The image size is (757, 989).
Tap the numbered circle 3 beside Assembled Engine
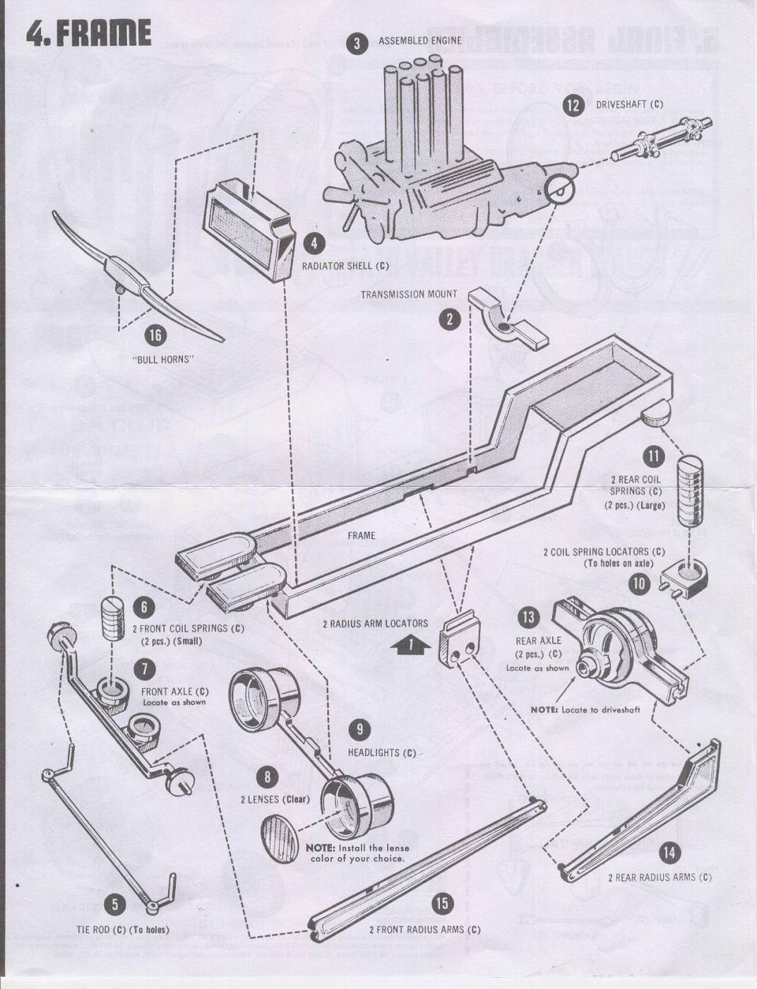point(357,43)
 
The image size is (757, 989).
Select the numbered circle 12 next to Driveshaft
point(573,105)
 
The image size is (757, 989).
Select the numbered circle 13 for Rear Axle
point(527,617)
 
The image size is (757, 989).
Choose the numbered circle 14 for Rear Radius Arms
point(668,853)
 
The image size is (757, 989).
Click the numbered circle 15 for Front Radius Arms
point(442,904)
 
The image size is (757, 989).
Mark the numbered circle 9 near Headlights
point(359,729)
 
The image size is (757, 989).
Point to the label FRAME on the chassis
point(361,535)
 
